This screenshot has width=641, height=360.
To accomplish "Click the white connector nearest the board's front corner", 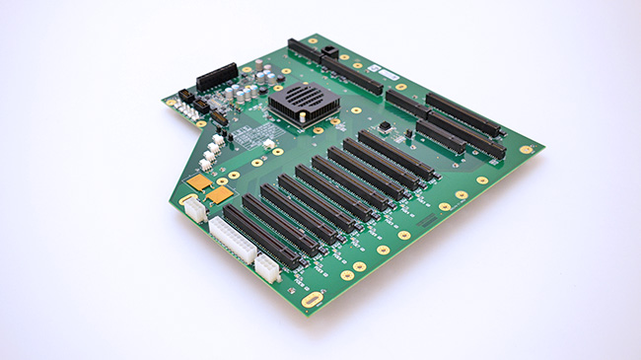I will [266, 267].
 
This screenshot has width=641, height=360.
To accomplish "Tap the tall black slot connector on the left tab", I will [217, 76].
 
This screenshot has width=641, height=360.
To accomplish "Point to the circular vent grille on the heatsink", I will [307, 97].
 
